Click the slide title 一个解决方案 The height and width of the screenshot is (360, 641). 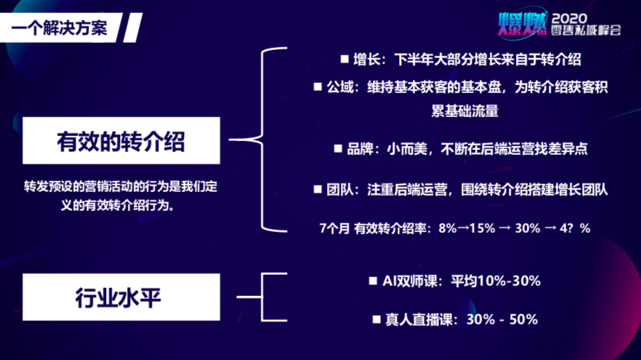pos(60,28)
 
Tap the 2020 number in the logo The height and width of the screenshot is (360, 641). pos(569,18)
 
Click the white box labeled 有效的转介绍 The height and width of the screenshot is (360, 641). pos(121,140)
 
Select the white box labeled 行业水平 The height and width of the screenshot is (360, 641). pos(121,297)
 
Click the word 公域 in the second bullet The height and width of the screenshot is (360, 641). pos(339,87)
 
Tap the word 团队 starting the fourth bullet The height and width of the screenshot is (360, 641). pos(339,189)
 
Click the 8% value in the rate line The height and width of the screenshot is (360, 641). pos(448,228)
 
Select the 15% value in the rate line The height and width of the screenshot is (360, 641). pos(483,228)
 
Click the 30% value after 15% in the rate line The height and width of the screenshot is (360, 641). pos(528,228)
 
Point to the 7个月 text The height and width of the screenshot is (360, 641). pos(334,228)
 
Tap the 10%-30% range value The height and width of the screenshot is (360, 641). pos(509,281)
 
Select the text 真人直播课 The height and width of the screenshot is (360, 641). pos(419,319)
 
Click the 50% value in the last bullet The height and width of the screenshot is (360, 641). pos(524,319)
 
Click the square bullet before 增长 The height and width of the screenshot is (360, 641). pos(344,60)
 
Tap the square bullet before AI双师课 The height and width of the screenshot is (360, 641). pos(373,281)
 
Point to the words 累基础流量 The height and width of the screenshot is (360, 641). pos(465,111)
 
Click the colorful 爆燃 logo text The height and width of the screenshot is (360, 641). pos(522,23)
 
